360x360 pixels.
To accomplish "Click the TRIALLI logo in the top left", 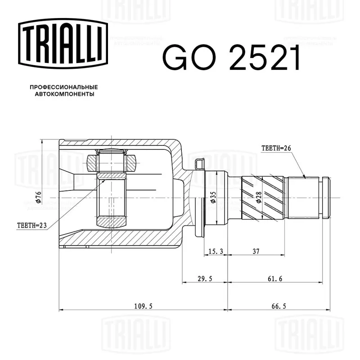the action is coord(63,43).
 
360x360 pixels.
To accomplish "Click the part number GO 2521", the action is coord(231,58).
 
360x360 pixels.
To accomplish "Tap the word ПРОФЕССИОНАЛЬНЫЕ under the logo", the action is coord(64,87).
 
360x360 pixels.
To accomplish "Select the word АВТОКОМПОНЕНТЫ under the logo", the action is coord(64,94).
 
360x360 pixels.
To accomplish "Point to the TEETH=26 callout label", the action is coord(276,148).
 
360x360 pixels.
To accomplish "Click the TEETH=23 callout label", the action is coord(32,225).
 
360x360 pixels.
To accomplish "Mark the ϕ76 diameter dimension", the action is coord(38,197).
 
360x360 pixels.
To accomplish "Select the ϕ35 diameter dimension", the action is coord(213,198).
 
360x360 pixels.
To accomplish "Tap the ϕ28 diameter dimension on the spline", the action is coord(259,198).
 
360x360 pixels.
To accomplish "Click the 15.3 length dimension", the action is coord(216,252).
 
